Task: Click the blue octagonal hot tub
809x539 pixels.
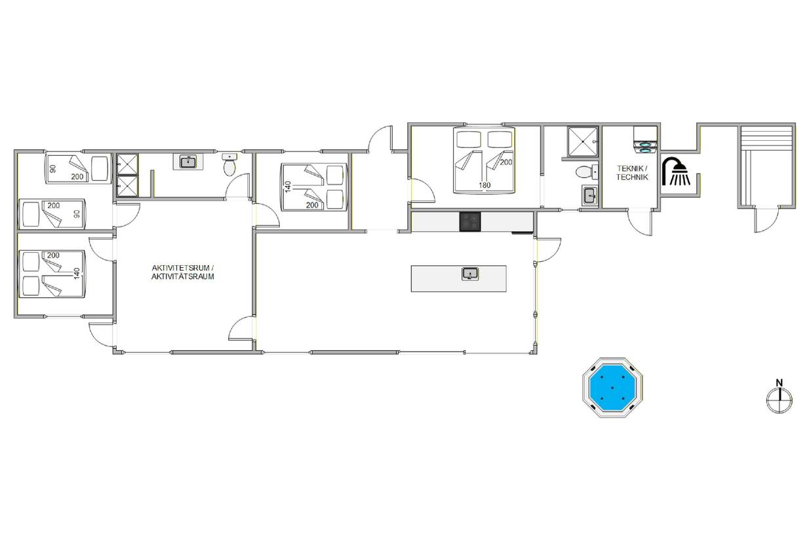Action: click(x=612, y=388)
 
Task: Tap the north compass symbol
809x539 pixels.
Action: click(x=779, y=400)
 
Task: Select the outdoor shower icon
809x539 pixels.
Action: click(x=676, y=172)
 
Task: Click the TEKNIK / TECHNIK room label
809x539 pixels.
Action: click(x=632, y=173)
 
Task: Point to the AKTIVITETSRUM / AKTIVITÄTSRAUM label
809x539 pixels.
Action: click(x=183, y=272)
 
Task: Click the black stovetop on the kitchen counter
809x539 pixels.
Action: click(x=470, y=221)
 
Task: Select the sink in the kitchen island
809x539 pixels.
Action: click(x=470, y=274)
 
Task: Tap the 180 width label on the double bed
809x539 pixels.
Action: click(x=484, y=185)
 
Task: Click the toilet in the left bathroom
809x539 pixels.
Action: click(x=229, y=164)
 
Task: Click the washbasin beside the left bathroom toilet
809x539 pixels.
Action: click(x=187, y=161)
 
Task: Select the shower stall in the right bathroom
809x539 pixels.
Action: click(x=583, y=141)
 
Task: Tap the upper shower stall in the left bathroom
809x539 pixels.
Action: click(x=127, y=164)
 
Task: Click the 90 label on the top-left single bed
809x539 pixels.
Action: click(x=53, y=169)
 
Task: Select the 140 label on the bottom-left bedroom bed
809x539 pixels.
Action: click(x=77, y=273)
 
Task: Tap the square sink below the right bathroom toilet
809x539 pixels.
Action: click(x=590, y=196)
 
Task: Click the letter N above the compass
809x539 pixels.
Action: click(x=779, y=382)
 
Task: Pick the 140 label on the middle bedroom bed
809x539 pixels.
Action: click(x=288, y=187)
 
